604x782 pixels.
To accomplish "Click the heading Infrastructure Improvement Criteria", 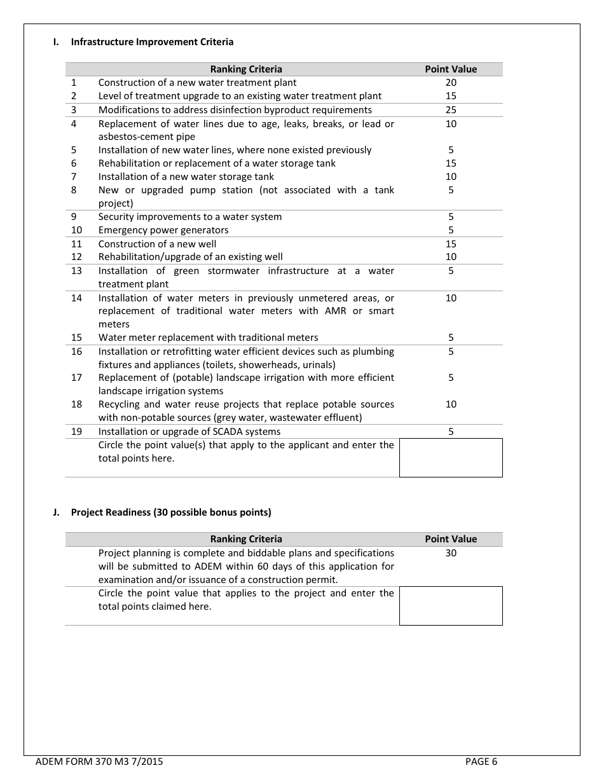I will pyautogui.click(x=152, y=42).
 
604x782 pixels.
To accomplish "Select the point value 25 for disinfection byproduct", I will pyautogui.click(x=451, y=110).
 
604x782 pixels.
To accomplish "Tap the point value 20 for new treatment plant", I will pyautogui.click(x=451, y=83).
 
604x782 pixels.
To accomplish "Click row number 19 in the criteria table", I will pyautogui.click(x=76, y=432).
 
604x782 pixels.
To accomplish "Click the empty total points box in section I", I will pyautogui.click(x=451, y=458).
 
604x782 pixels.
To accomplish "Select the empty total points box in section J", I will pyautogui.click(x=451, y=606).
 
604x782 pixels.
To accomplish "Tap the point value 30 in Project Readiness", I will pyautogui.click(x=451, y=553).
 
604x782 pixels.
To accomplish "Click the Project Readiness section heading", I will pyautogui.click(x=171, y=512).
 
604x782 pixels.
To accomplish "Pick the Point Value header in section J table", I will pyautogui.click(x=451, y=539).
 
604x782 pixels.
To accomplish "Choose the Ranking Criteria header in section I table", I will pyautogui.click(x=246, y=69).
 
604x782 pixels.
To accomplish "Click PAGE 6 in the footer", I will pyautogui.click(x=481, y=762).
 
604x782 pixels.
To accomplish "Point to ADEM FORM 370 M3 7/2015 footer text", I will pyautogui.click(x=99, y=762).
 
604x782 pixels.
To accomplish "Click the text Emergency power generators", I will pyautogui.click(x=163, y=230).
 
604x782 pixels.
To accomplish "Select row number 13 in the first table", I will pyautogui.click(x=76, y=271).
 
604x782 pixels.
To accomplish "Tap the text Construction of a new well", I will pyautogui.click(x=157, y=244).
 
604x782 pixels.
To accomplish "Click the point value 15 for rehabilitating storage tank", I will pyautogui.click(x=451, y=163).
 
